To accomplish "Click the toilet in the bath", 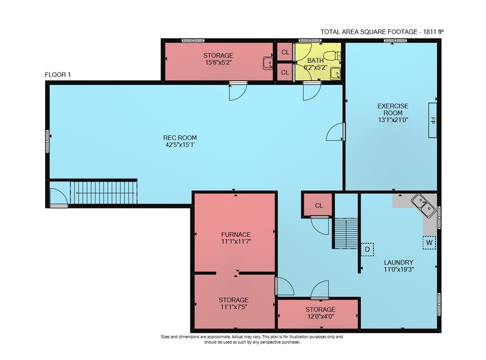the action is tap(334, 56).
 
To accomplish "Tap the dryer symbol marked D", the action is tap(367, 249).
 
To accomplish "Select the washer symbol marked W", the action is tap(429, 242).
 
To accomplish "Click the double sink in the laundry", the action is tap(423, 206).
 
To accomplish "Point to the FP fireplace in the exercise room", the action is tap(433, 120).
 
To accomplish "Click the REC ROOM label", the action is tap(180, 137).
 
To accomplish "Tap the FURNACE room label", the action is tap(236, 235).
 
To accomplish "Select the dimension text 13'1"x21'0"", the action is tap(393, 120).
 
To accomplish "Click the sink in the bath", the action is tap(335, 73).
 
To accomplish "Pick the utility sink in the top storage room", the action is tap(268, 63).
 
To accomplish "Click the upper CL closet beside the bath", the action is tap(285, 52).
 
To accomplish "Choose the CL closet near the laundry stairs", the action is tap(319, 206).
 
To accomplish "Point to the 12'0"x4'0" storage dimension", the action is tap(320, 317).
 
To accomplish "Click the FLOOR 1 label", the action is tap(58, 75).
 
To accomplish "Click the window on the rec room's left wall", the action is tap(48, 141).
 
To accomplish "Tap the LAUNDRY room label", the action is tap(399, 262).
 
